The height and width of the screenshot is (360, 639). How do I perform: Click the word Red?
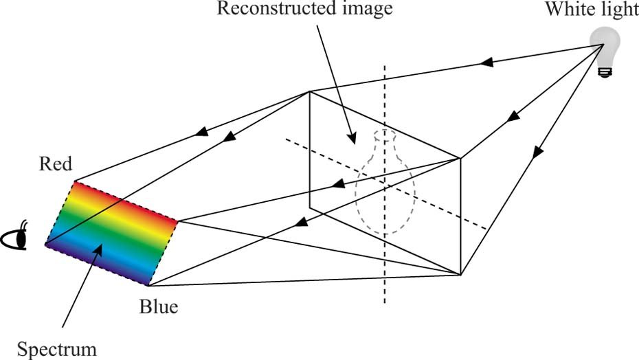coord(56,164)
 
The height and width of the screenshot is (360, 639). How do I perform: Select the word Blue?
coord(158,306)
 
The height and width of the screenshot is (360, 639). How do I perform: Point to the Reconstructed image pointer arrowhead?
coord(352,141)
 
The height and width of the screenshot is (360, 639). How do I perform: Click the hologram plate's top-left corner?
coord(310,91)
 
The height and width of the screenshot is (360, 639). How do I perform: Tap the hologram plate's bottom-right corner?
coord(460,275)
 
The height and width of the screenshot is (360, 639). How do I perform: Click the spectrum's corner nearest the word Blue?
coord(148,285)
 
